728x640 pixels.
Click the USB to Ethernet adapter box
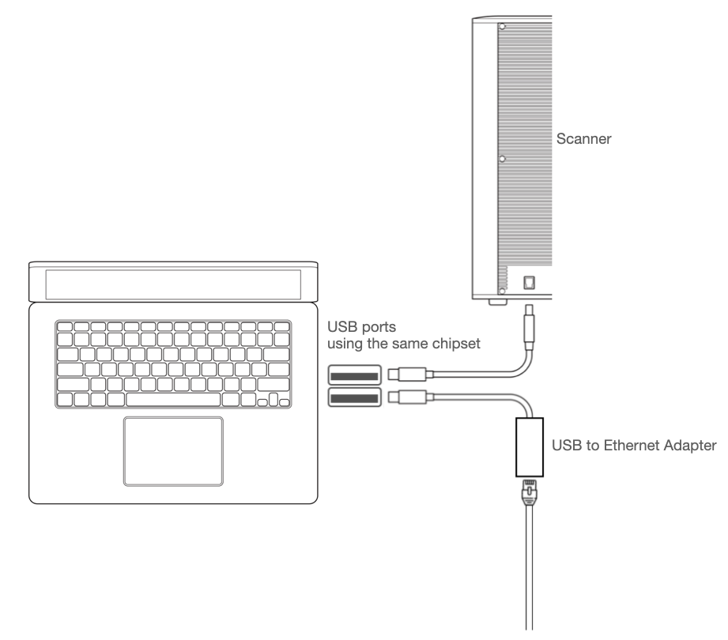526,447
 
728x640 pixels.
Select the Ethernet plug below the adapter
526,493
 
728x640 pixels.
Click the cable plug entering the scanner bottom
528,326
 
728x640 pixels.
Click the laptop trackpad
173,450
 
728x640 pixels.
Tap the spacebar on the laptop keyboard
172,400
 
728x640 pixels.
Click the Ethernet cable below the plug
526,569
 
